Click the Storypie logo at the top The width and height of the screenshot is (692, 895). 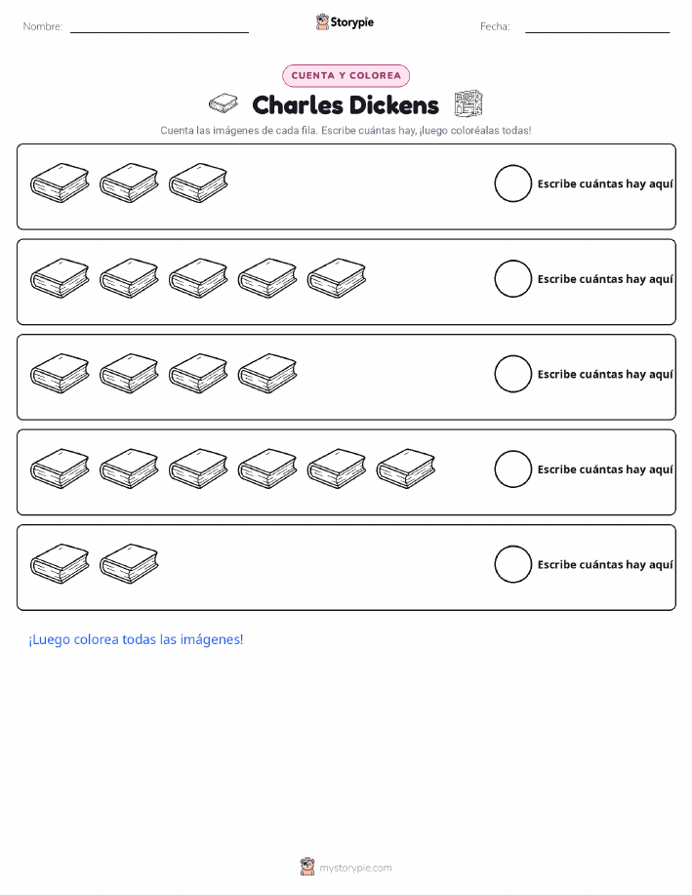point(345,22)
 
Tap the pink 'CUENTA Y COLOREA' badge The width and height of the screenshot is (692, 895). point(346,76)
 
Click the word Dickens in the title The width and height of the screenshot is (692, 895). point(393,105)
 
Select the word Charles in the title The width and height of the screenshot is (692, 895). point(298,105)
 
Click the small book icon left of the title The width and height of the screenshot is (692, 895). point(224,103)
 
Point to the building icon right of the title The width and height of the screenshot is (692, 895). point(468,103)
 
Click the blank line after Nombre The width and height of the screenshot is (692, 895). point(159,32)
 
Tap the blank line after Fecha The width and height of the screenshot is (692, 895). point(597,32)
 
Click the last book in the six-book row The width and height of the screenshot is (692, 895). point(406,468)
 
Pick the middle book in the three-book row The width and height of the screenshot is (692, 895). point(129,183)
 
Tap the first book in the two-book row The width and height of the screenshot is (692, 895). point(60,564)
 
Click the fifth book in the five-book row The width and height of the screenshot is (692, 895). point(337,278)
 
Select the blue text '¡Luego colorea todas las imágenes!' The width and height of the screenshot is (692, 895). point(136,640)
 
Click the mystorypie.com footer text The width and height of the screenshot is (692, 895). point(355,868)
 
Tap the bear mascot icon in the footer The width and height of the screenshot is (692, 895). point(307,867)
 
